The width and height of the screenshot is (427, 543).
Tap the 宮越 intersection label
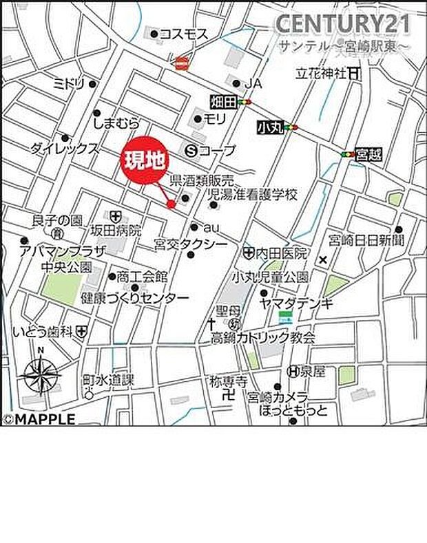click(x=369, y=155)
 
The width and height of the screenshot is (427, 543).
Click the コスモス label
click(x=184, y=33)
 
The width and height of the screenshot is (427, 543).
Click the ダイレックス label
click(x=65, y=148)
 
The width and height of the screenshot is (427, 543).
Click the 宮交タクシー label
click(x=182, y=244)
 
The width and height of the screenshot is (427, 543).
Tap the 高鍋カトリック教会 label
click(x=263, y=337)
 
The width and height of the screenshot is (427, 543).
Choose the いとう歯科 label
click(x=43, y=332)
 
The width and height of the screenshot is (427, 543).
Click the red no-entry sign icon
click(x=182, y=63)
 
